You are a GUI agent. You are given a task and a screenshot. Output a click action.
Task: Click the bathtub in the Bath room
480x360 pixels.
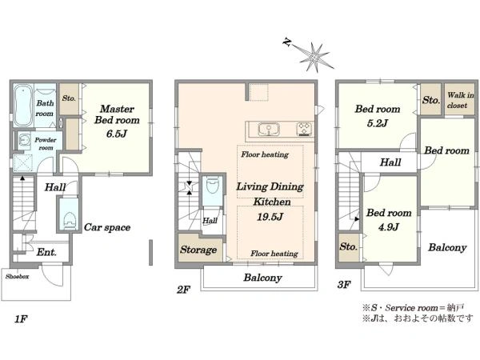pyautogui.click(x=23, y=105)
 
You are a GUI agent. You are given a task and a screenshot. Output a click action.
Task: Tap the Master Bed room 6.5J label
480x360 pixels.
pyautogui.click(x=117, y=121)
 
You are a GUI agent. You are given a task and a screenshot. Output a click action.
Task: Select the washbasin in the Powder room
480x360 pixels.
pyautogui.click(x=23, y=140)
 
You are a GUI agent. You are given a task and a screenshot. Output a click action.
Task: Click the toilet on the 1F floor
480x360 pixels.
pyautogui.click(x=69, y=219)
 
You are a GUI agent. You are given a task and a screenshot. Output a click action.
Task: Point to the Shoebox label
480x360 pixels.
pyautogui.click(x=17, y=277)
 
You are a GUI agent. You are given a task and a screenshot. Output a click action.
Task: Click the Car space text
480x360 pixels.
pyautogui.click(x=107, y=227)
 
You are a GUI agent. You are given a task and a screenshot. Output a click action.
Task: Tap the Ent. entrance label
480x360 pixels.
pyautogui.click(x=46, y=252)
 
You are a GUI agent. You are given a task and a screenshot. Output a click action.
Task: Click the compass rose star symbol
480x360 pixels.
pyautogui.click(x=314, y=57)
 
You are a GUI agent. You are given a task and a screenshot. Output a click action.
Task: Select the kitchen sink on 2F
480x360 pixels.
pyautogui.click(x=269, y=129)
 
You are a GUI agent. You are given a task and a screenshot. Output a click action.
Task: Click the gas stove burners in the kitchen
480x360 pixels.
pyautogui.click(x=304, y=129)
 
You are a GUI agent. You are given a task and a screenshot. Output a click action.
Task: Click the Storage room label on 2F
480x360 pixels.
pyautogui.click(x=198, y=250)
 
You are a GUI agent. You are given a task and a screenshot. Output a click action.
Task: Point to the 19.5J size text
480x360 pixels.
pyautogui.click(x=270, y=217)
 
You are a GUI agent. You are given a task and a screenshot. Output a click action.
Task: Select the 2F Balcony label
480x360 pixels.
pyautogui.click(x=262, y=278)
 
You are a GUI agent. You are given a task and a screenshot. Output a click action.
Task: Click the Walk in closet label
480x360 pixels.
pyautogui.click(x=461, y=100)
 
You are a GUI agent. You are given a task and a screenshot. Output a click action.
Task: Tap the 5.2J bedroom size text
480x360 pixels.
pyautogui.click(x=377, y=123)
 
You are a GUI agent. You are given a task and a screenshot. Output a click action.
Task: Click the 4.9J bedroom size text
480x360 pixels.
pyautogui.click(x=389, y=227)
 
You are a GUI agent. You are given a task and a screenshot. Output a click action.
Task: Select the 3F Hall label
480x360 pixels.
pyautogui.click(x=390, y=162)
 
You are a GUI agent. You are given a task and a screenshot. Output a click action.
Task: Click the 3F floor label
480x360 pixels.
pyautogui.click(x=344, y=285)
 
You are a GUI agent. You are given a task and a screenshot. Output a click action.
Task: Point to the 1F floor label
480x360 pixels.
pyautogui.click(x=21, y=319)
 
